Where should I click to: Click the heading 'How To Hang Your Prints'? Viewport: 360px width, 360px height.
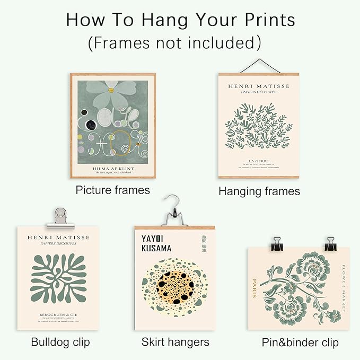[180, 20]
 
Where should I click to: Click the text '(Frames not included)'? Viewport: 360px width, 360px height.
[174, 42]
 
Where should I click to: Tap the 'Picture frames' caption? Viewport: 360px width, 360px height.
[112, 189]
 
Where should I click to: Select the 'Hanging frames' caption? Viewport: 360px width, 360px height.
[259, 191]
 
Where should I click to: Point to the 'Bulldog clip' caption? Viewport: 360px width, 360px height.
[60, 341]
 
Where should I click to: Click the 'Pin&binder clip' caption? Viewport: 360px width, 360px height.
[300, 342]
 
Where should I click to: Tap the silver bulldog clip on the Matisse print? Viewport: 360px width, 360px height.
[59, 217]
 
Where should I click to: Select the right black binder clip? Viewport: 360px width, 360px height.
[330, 244]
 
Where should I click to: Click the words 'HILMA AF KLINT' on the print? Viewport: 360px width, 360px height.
[113, 168]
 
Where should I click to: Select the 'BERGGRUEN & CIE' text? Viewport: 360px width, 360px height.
[58, 315]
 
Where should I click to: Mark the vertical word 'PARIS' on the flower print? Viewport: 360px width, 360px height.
[255, 288]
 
